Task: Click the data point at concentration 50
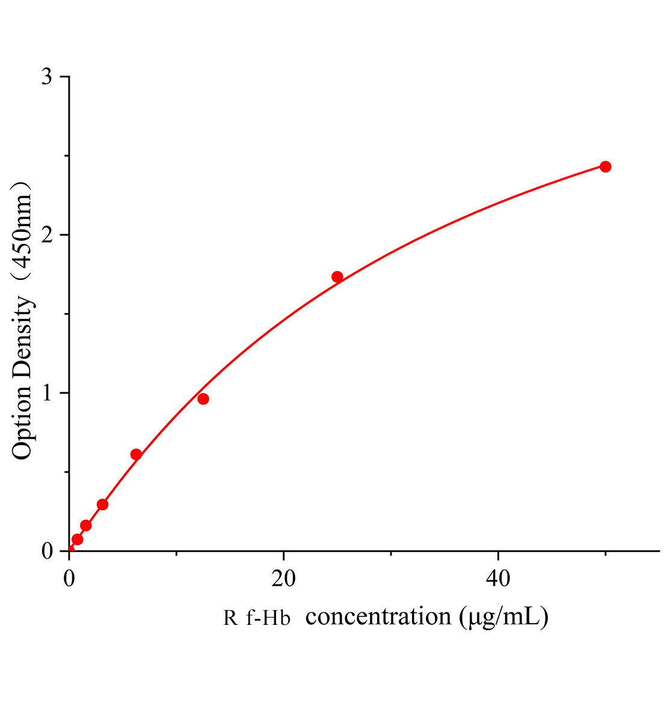tap(605, 166)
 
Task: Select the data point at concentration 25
tap(337, 277)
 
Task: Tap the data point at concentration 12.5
tap(203, 399)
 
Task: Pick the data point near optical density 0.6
tap(136, 454)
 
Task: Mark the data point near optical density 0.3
tap(102, 504)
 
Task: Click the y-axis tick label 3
tap(48, 77)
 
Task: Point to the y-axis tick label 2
tap(48, 235)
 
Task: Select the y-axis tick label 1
tap(48, 393)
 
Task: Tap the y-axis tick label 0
tap(48, 551)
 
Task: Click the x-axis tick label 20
tap(283, 578)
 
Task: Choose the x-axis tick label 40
tap(497, 578)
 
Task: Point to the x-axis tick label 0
tap(69, 578)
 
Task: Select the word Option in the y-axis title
tap(22, 424)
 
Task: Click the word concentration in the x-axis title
tap(378, 616)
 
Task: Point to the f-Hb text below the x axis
tap(268, 618)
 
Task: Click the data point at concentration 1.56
tap(86, 526)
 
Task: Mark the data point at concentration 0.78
tap(78, 539)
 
